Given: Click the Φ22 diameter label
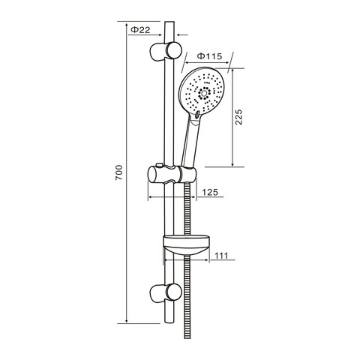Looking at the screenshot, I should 140,29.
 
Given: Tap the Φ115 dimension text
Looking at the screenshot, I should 209,55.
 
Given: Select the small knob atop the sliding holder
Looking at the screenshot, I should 159,165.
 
